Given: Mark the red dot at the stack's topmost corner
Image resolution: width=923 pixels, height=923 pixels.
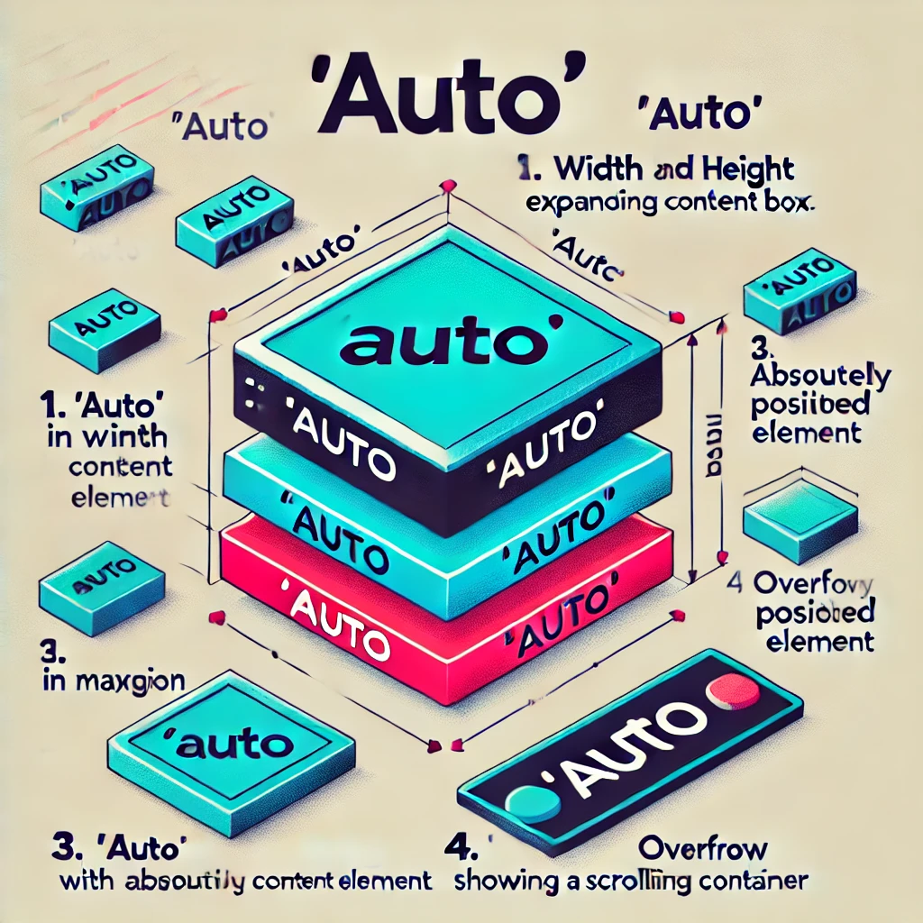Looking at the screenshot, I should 443,187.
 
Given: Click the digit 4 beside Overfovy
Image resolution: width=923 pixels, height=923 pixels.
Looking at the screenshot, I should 734,584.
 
